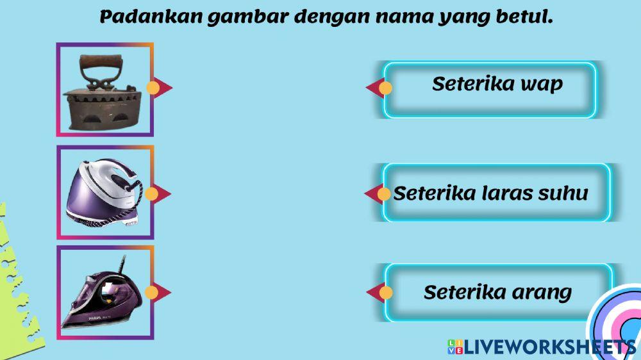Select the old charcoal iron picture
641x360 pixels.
pos(104,90)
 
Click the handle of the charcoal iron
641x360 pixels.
pos(102,63)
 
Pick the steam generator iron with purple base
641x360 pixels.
pos(105,192)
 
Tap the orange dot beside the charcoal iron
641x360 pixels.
pos(153,88)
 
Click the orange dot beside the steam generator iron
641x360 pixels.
pos(152,193)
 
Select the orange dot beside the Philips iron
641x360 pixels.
pos(152,293)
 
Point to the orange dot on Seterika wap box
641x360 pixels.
pos(385,88)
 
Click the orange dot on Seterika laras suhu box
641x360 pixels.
pos(384,193)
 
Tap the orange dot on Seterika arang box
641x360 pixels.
pos(386,293)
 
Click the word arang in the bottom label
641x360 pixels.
pos(542,293)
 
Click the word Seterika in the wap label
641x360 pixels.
pos(465,84)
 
